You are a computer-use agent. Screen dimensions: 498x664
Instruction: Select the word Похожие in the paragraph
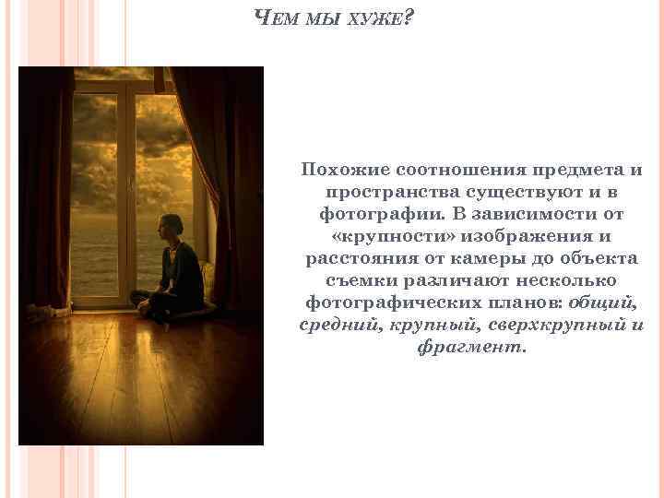(x=345, y=171)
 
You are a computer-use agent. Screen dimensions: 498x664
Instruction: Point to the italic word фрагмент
(x=470, y=348)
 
